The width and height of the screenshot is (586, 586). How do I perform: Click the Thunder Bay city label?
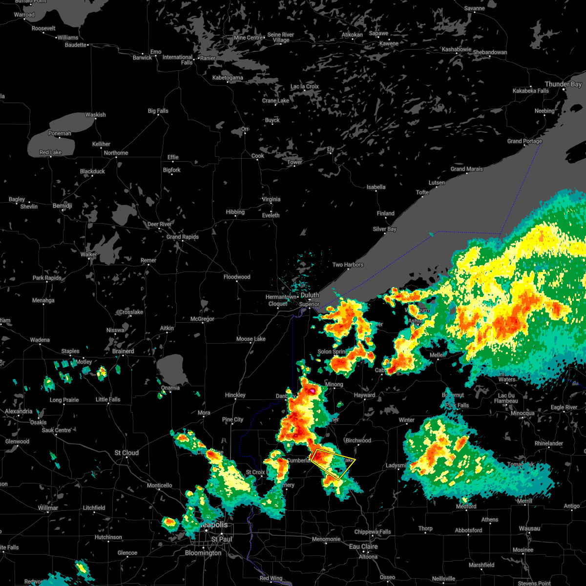point(563,84)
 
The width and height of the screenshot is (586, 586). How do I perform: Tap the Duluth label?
point(310,295)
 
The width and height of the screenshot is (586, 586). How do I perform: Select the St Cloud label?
point(126,453)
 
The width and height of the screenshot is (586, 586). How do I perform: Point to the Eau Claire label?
point(363,547)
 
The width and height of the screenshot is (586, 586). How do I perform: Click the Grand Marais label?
point(466,169)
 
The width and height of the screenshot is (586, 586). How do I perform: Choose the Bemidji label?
point(62,206)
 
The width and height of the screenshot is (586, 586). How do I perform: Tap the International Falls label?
point(178,60)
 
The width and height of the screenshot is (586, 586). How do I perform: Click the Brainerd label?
point(123,351)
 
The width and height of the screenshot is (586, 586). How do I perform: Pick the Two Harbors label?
point(348,265)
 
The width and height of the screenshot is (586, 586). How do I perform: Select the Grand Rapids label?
point(183,237)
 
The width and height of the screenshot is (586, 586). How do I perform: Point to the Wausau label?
point(529,528)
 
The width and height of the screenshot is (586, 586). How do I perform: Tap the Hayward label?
point(364,395)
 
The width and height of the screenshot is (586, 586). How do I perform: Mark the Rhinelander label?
point(549,443)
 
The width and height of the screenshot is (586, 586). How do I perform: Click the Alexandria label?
point(19,411)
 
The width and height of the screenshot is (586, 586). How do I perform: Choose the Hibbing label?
point(235,212)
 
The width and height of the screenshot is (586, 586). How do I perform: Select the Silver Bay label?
point(384,229)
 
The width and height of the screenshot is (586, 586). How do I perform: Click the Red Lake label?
point(50,152)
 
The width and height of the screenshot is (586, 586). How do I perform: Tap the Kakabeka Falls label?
point(530,91)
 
